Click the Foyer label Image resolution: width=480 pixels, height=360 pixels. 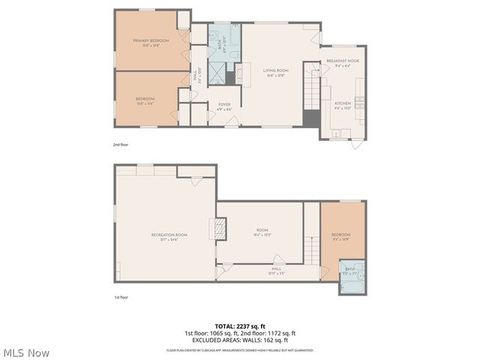point(224,106)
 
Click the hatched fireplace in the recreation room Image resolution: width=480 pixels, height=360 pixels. point(220,229)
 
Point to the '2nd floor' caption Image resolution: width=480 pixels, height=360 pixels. point(121,144)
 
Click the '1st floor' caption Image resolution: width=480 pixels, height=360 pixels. point(121,298)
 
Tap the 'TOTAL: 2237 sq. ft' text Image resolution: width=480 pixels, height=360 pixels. point(240,326)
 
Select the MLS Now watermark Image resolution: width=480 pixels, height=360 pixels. point(27,352)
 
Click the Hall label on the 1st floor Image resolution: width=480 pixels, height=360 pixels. point(277,269)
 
